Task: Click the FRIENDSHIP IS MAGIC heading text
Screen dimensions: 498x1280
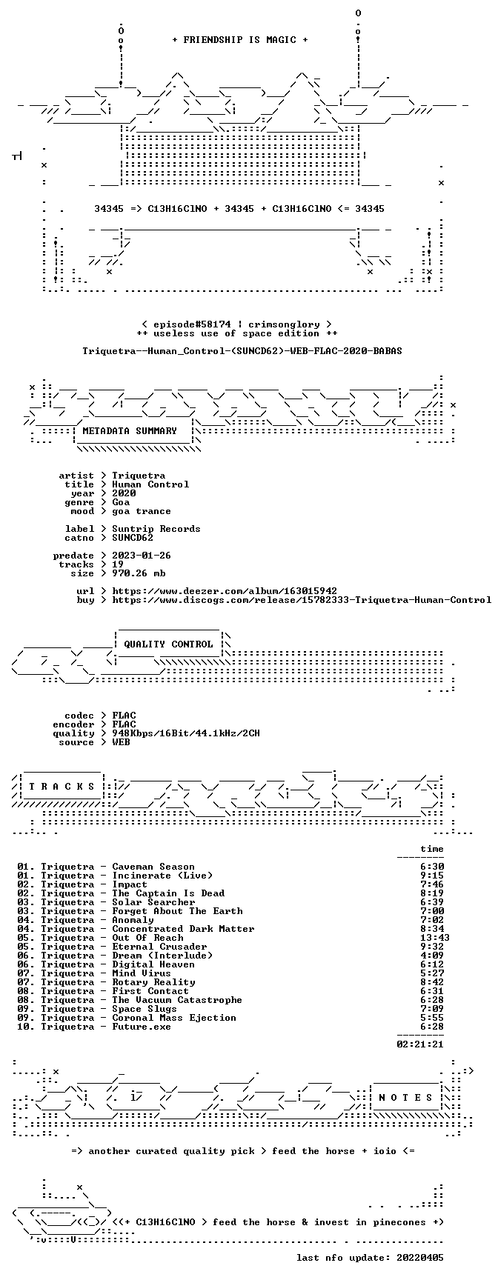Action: (239, 40)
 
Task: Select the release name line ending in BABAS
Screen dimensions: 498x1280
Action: (242, 351)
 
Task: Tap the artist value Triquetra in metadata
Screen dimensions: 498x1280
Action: (139, 476)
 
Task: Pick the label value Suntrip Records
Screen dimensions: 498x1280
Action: (156, 529)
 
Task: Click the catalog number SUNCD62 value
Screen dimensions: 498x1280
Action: (133, 538)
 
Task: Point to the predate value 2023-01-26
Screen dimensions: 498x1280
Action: (142, 556)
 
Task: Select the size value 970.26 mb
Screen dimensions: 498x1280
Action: (139, 573)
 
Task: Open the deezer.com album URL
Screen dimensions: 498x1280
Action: (225, 591)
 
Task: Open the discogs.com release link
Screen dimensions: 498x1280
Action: (302, 600)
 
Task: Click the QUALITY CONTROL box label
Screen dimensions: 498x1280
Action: (168, 644)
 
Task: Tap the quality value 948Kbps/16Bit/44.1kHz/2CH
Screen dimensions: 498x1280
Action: (186, 733)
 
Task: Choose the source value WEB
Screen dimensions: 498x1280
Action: (121, 742)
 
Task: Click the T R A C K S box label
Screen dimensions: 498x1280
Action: (62, 787)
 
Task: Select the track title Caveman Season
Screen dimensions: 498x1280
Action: (153, 867)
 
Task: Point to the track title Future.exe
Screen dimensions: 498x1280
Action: (142, 1027)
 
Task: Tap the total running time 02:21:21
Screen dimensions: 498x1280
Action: (420, 1044)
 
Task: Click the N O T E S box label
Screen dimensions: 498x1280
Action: (405, 1098)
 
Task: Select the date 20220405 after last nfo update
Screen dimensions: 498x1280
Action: (420, 1258)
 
